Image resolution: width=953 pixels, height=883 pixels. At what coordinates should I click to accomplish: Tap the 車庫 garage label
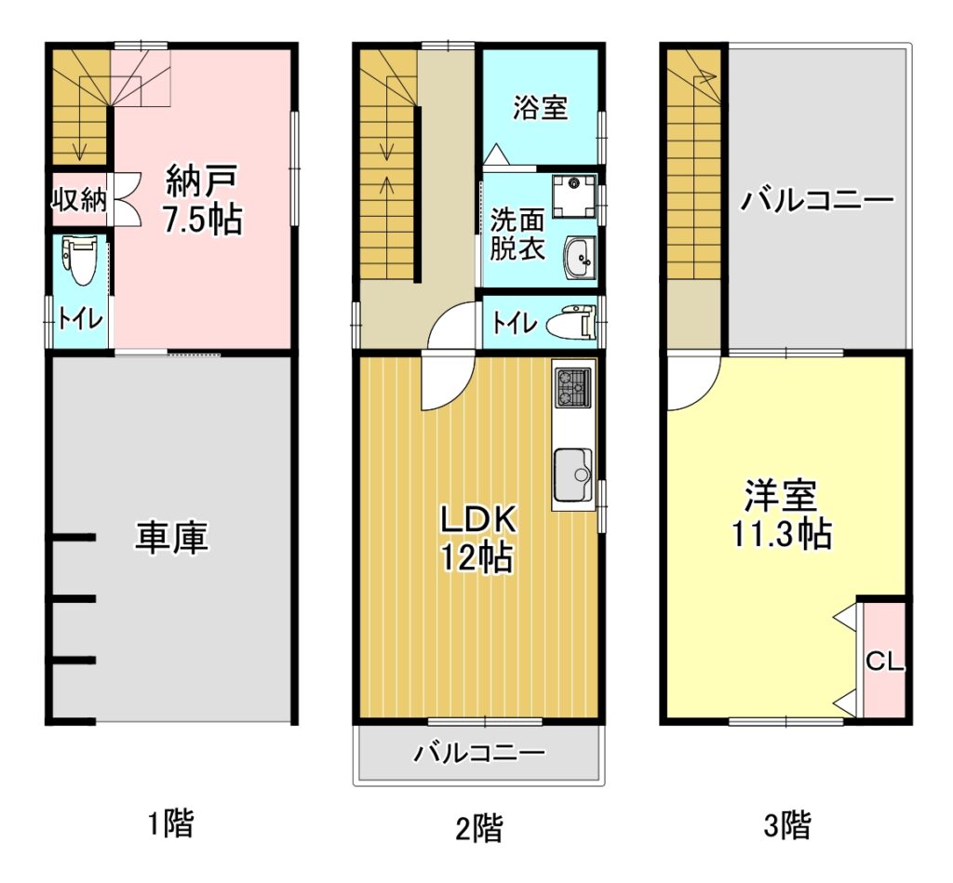[171, 538]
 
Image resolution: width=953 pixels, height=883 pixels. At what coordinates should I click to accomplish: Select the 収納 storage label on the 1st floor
[78, 200]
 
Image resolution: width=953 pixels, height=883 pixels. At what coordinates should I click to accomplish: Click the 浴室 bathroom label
[541, 108]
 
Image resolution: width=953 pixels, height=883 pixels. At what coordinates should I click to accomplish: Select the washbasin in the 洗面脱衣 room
[580, 258]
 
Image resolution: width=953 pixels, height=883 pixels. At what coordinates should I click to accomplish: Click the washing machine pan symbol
[574, 195]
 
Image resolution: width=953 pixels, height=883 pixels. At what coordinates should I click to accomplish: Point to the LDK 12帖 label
[478, 539]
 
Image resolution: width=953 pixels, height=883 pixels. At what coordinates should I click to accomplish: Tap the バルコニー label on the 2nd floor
[479, 754]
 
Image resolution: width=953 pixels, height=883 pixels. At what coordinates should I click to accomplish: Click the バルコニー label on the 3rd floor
[816, 200]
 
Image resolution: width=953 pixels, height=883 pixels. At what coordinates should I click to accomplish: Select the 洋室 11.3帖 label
[781, 515]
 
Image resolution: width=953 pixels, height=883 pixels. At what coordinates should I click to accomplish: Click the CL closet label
[885, 662]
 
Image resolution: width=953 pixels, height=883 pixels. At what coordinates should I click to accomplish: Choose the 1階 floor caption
[171, 823]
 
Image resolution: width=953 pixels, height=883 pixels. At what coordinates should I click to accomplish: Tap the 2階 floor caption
[479, 827]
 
